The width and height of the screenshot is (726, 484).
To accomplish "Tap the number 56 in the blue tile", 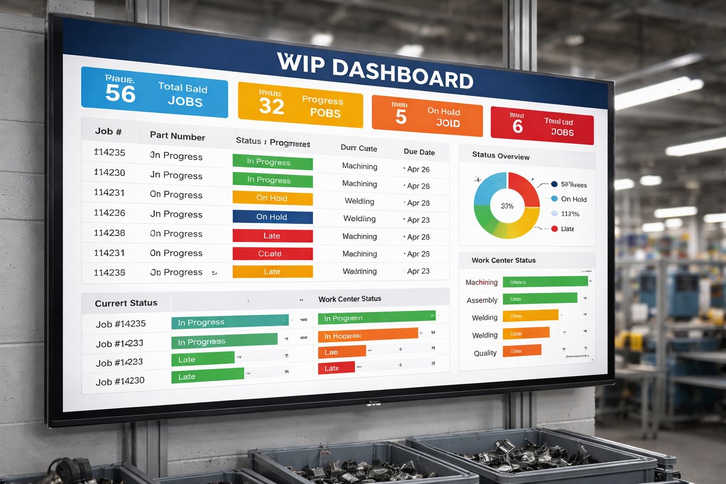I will [x=120, y=93].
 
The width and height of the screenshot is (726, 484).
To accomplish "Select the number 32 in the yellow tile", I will [x=271, y=106].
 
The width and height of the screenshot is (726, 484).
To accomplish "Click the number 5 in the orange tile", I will [x=401, y=116].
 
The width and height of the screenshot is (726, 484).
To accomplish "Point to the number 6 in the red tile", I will [x=518, y=127].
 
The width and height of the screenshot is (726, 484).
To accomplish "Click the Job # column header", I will [x=108, y=131].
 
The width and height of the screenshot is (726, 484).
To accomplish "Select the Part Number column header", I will [x=177, y=136].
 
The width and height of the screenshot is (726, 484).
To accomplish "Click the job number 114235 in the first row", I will [x=109, y=152].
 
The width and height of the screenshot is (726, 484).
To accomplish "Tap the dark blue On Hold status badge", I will [x=272, y=217].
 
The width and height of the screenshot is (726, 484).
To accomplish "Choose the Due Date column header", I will [x=419, y=152].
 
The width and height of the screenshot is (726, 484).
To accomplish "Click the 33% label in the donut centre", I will [x=507, y=206].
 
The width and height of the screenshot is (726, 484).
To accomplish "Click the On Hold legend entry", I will [x=573, y=199].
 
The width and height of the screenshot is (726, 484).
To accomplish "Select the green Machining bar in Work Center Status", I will [x=545, y=282].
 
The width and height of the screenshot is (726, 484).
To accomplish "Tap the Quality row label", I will [x=485, y=353].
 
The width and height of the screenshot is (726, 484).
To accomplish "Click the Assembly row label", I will [x=482, y=300].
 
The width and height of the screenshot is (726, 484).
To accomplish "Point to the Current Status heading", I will [x=126, y=303].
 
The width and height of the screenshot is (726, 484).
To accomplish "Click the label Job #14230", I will [x=120, y=381].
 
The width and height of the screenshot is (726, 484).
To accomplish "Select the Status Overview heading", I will [x=501, y=156].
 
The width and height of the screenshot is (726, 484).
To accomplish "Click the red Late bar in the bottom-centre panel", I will [x=336, y=368].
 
